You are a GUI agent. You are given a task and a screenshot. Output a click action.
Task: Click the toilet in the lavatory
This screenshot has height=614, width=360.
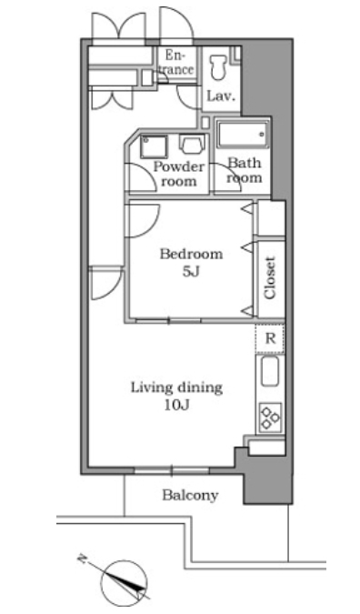click(218, 67)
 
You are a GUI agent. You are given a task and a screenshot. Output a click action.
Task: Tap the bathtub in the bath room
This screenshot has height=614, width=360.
click(244, 135)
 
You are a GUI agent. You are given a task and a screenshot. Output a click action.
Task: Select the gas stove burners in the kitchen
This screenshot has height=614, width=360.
click(270, 418)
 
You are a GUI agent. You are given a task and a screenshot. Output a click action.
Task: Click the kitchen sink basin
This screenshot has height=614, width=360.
click(270, 371)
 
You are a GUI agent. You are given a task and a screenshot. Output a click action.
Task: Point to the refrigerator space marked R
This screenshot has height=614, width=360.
click(270, 338)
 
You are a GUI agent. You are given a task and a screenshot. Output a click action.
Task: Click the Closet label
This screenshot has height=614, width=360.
click(270, 277)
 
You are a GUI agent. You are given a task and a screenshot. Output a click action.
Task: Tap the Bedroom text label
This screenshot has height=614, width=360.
click(191, 254)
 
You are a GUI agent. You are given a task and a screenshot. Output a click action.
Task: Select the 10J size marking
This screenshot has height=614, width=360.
click(176, 406)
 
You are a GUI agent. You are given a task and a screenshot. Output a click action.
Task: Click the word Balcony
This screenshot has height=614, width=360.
click(190, 496)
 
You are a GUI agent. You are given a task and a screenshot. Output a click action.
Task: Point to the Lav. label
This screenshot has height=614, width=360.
click(221, 96)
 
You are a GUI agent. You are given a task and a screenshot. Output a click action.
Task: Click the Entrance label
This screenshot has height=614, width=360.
click(177, 63)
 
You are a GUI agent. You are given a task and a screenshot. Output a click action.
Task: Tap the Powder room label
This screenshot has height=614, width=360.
click(179, 174)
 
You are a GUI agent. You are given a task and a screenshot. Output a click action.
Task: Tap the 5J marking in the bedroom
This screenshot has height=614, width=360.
click(191, 271)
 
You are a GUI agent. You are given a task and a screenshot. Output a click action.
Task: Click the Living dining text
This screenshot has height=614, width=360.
click(176, 388)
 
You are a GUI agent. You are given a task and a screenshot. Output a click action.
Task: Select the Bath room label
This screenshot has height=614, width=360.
click(245, 170)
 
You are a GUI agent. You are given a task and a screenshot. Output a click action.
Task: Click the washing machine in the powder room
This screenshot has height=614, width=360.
click(192, 144)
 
